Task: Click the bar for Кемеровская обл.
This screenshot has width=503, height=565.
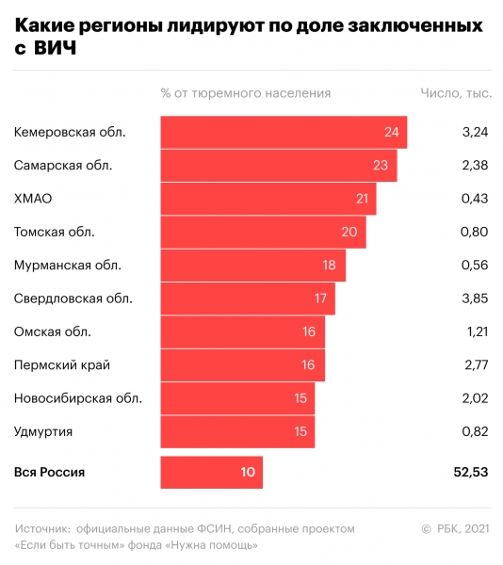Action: (x=284, y=132)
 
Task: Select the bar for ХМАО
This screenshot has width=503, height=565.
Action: (x=268, y=199)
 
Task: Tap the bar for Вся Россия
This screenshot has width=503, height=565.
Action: (x=212, y=472)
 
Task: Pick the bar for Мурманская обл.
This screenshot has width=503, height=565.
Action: (x=253, y=266)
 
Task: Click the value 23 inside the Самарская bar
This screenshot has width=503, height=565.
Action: (x=380, y=166)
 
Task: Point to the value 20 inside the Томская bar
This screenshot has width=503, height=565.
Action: (x=349, y=233)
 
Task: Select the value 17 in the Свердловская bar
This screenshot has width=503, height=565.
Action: (x=320, y=299)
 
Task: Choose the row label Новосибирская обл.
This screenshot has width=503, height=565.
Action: (x=78, y=398)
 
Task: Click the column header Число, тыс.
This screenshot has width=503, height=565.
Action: (x=454, y=93)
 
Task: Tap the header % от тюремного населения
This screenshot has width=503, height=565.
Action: (x=246, y=93)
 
